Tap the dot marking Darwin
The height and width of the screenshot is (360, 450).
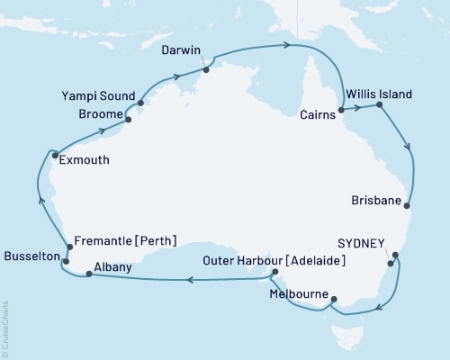coord(206,67)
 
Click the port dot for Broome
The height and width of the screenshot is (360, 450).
coord(128,119)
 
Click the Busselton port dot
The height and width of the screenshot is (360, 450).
coord(67,259)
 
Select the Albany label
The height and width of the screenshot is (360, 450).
coord(114,267)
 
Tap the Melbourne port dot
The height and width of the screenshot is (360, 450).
coord(333,300)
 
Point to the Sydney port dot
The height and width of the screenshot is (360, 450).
coord(391,264)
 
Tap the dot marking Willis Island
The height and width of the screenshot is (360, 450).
coord(379,106)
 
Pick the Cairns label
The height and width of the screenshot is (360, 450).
coord(317,114)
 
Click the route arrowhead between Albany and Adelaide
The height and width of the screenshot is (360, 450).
coord(191,280)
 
